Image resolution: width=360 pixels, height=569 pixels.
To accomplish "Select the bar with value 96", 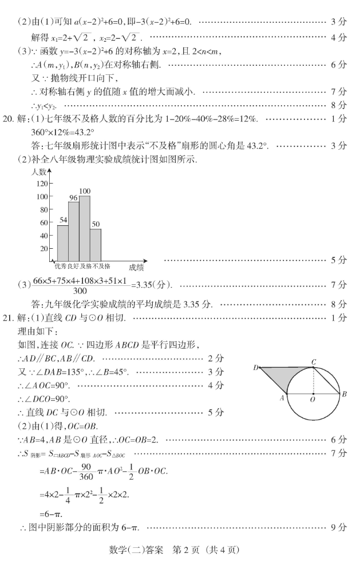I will click(x=73, y=232).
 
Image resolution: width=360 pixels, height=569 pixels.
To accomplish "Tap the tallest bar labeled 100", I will click(x=85, y=228).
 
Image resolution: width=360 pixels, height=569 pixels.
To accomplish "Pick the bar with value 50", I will click(x=96, y=245).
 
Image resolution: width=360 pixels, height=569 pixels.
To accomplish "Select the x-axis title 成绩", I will click(x=136, y=267).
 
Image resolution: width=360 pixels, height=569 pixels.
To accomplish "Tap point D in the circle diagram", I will click(x=256, y=368).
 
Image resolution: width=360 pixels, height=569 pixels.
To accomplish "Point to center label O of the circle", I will click(x=312, y=400).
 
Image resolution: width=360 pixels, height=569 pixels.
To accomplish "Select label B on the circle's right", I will click(x=344, y=394).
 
